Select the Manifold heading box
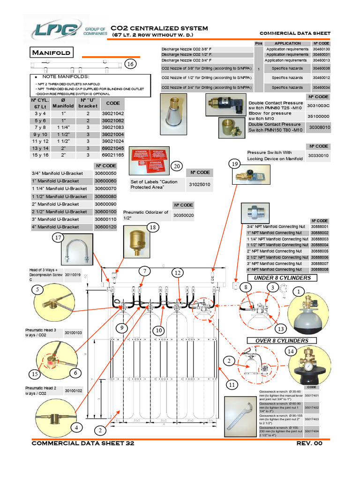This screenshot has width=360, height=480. (x=51, y=52)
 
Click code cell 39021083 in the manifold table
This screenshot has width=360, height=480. (x=112, y=127)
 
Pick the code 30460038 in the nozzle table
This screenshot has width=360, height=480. (x=321, y=68)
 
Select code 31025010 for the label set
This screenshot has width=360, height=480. (x=200, y=185)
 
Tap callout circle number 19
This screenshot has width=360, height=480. (x=235, y=163)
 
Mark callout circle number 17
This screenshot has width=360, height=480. (x=58, y=238)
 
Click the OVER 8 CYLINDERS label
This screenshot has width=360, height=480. (x=282, y=340)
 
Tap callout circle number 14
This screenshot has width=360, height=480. (x=290, y=351)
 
